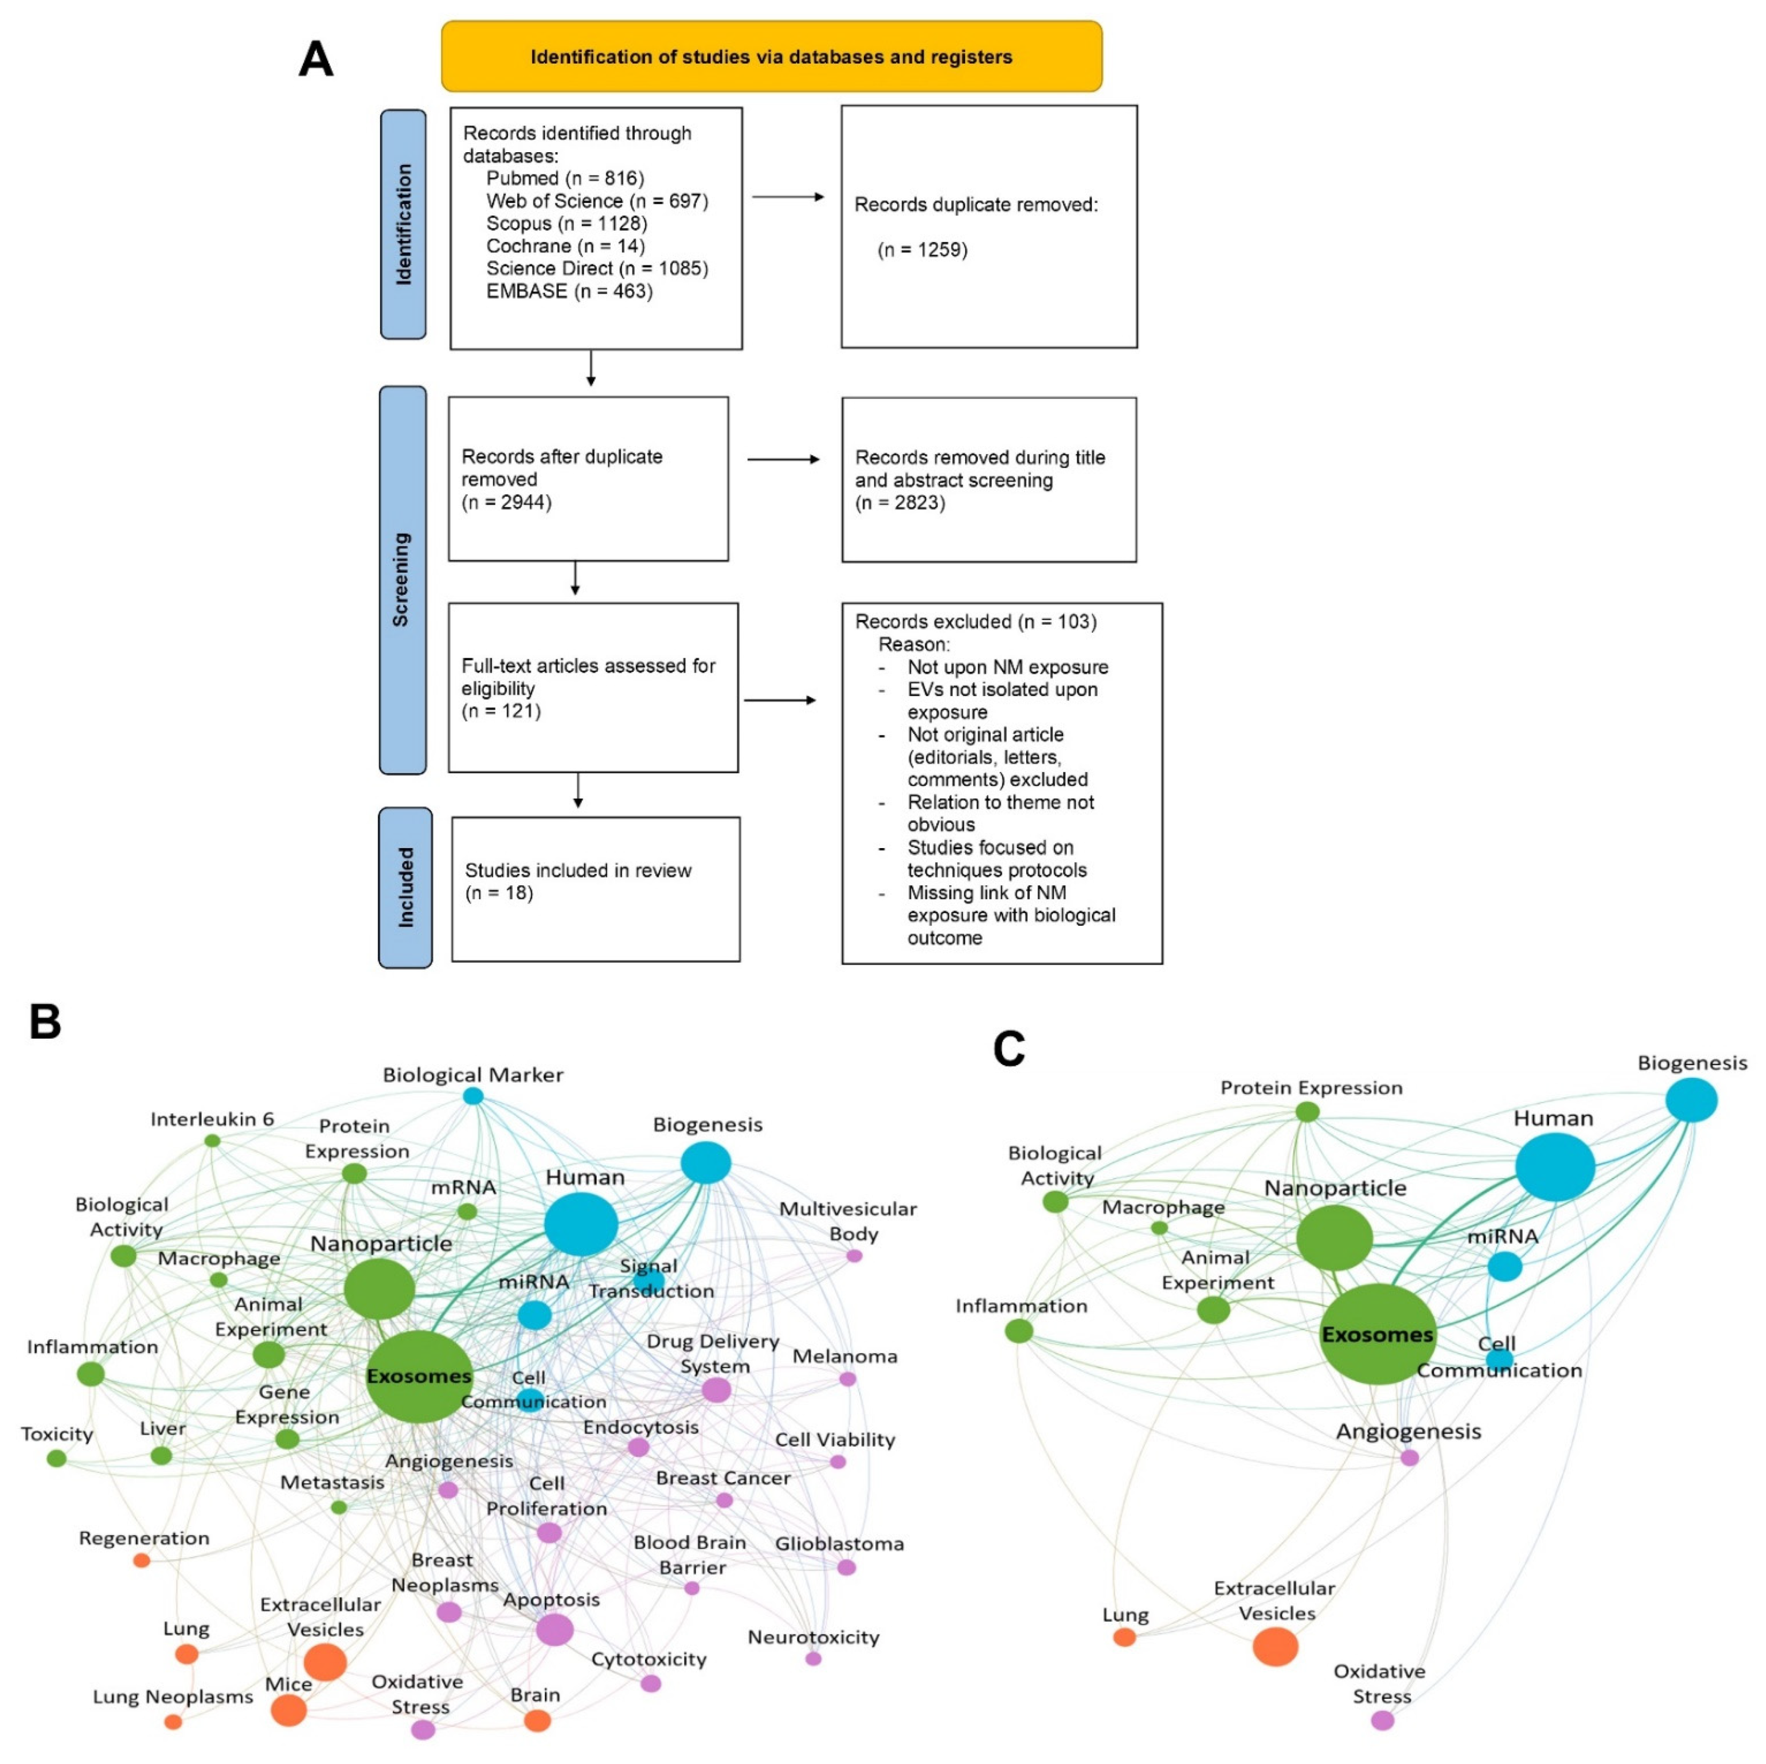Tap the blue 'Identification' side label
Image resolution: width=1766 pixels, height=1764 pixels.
coord(403,224)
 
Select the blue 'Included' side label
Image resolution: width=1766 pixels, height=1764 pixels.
coord(405,887)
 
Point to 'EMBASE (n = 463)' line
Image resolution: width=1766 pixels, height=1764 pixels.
coord(569,291)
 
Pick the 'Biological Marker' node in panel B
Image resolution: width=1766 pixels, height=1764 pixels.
coord(473,1095)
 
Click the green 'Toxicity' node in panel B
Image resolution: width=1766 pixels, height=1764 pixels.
coord(56,1457)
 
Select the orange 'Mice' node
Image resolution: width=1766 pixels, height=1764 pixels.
coord(289,1709)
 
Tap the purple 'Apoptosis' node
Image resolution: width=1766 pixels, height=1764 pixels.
coord(554,1630)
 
